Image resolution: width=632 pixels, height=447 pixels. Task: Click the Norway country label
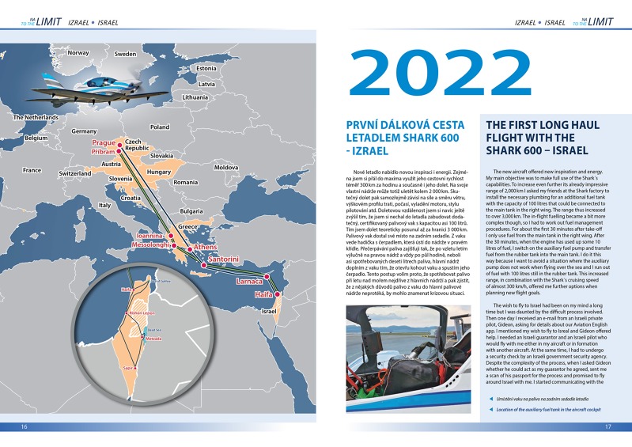(x=78, y=53)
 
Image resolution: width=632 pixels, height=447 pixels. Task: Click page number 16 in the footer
(x=25, y=428)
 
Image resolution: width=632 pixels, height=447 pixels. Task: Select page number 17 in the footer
(x=607, y=428)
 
